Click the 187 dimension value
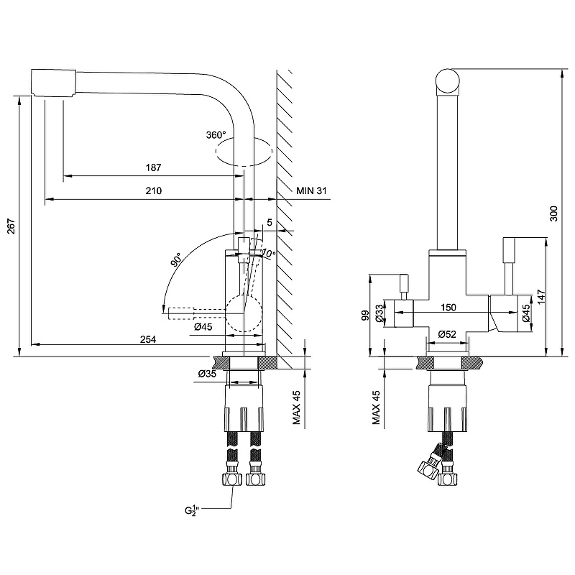pyautogui.click(x=152, y=167)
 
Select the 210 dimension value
pyautogui.click(x=152, y=191)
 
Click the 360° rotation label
pyautogui.click(x=216, y=135)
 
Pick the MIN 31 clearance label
pyautogui.click(x=311, y=190)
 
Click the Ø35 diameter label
pyautogui.click(x=207, y=373)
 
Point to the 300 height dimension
pyautogui.click(x=553, y=212)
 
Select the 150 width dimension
pyautogui.click(x=449, y=308)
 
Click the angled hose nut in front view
pyautogui.click(x=428, y=467)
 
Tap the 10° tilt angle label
pyautogui.click(x=268, y=254)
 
